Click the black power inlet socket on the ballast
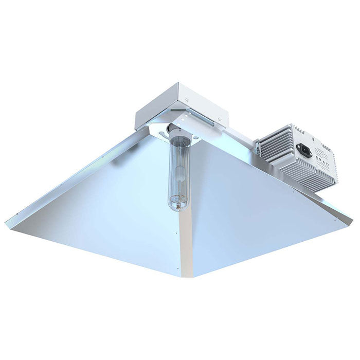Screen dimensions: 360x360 pos(308,151)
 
